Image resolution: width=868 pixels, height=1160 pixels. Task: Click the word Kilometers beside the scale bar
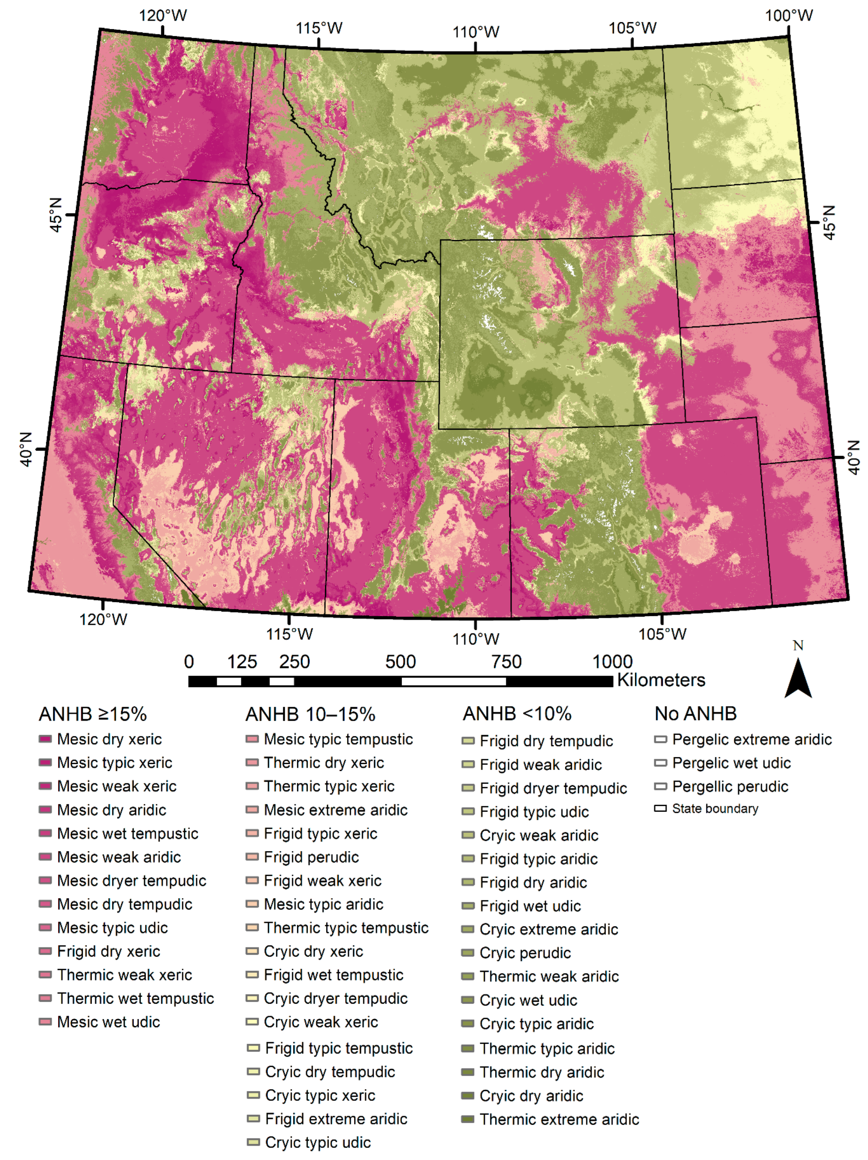pyautogui.click(x=661, y=680)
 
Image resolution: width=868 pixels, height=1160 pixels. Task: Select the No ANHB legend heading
pyautogui.click(x=695, y=714)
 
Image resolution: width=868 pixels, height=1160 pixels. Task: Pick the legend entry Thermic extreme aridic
pyautogui.click(x=559, y=1120)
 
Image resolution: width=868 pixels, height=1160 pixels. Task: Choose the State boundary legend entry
pyautogui.click(x=715, y=809)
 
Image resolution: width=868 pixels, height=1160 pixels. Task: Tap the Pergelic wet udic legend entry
pyautogui.click(x=731, y=763)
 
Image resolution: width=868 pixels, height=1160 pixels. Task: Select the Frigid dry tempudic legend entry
pyautogui.click(x=546, y=741)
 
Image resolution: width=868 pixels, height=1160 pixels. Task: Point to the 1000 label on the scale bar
pyautogui.click(x=612, y=662)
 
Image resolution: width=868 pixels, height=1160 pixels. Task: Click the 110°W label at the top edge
pyautogui.click(x=476, y=32)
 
